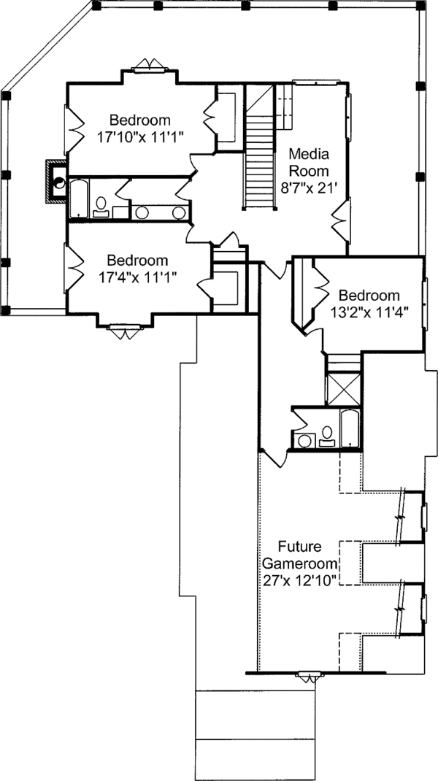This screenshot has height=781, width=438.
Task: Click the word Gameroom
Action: [299, 563]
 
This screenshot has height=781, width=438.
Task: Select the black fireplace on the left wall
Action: [55, 180]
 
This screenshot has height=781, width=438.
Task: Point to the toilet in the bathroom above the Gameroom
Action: [327, 436]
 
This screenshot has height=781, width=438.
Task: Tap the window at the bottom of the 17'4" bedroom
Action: [123, 332]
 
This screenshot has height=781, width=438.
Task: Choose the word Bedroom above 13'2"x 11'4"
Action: [369, 295]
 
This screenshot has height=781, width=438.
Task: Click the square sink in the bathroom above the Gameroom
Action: [302, 440]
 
